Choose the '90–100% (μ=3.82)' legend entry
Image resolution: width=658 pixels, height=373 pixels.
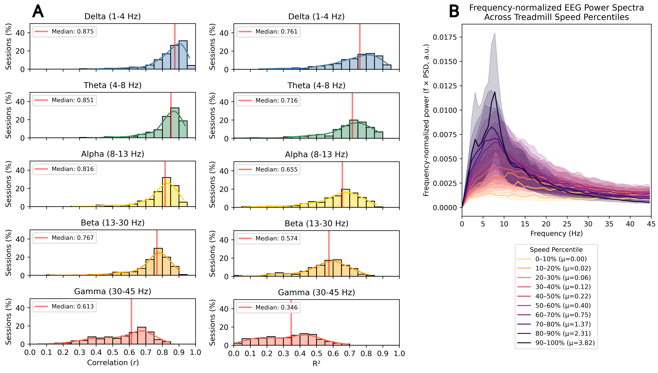(x=565, y=343)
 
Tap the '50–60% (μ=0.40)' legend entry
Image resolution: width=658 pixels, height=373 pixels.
(x=563, y=306)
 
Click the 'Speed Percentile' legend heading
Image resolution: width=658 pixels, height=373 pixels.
(x=556, y=250)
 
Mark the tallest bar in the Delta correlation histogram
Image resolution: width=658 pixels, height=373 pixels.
(x=183, y=55)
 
